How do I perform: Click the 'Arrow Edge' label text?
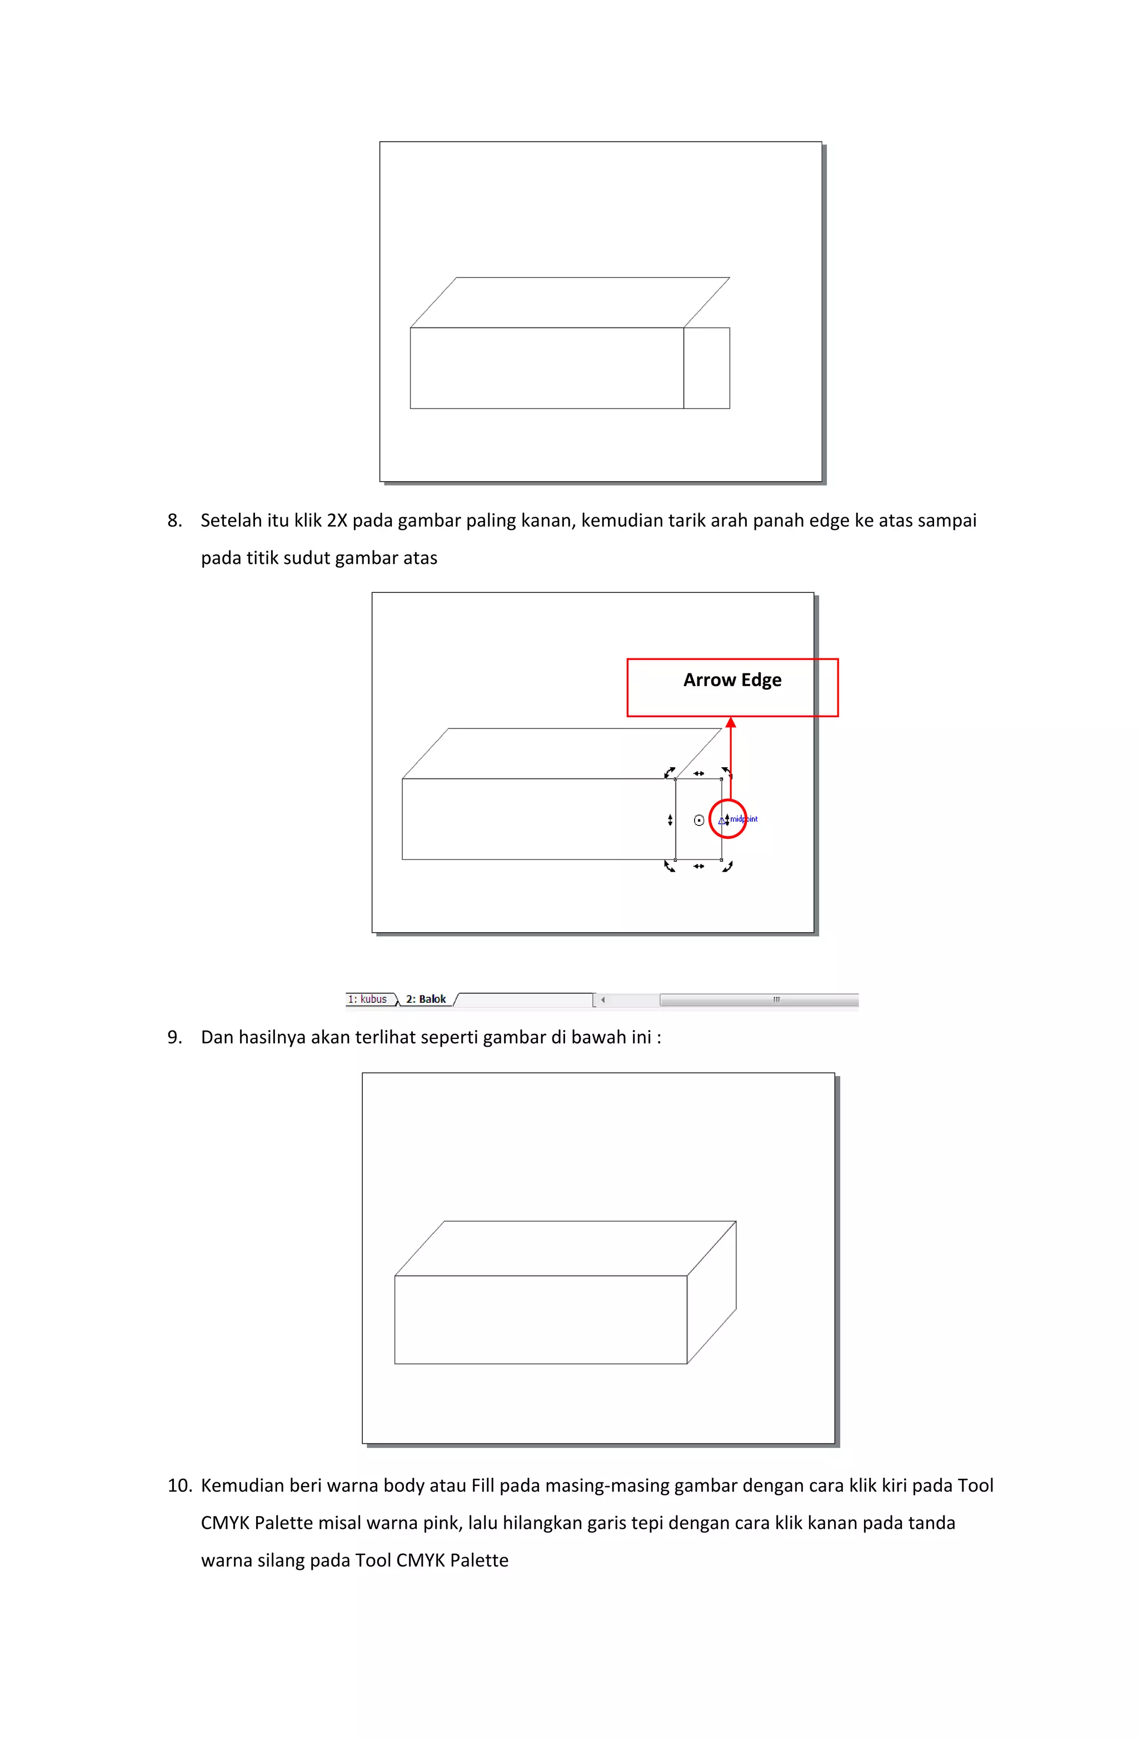tap(732, 680)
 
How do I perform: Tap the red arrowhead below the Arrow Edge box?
tap(730, 723)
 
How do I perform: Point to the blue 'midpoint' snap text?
tap(744, 819)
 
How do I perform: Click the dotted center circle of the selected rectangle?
tap(698, 821)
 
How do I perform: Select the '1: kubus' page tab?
tap(367, 999)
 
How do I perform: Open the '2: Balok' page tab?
tap(426, 999)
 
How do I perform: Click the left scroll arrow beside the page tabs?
tap(603, 999)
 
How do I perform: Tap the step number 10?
tap(179, 1486)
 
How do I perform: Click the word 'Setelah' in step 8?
tap(231, 521)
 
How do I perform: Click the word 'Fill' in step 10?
tap(483, 1486)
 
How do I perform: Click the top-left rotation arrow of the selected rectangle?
tap(669, 772)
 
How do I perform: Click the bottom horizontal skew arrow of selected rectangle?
tap(698, 866)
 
